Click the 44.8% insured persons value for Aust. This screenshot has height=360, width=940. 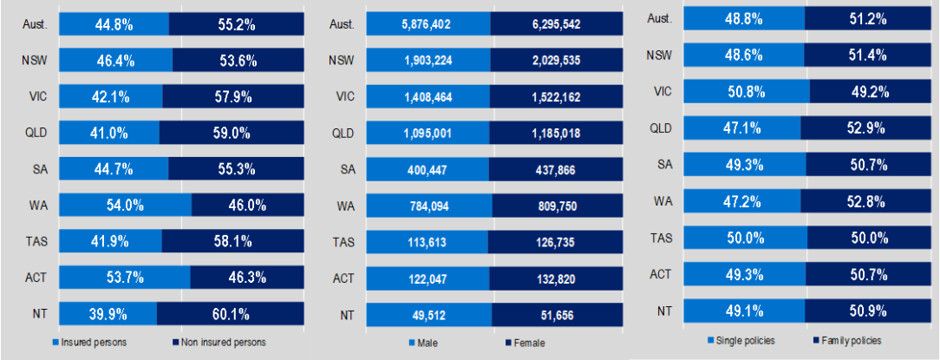[x=114, y=25]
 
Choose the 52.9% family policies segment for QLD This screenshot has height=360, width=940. [x=867, y=128]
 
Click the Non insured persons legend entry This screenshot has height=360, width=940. [x=222, y=343]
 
